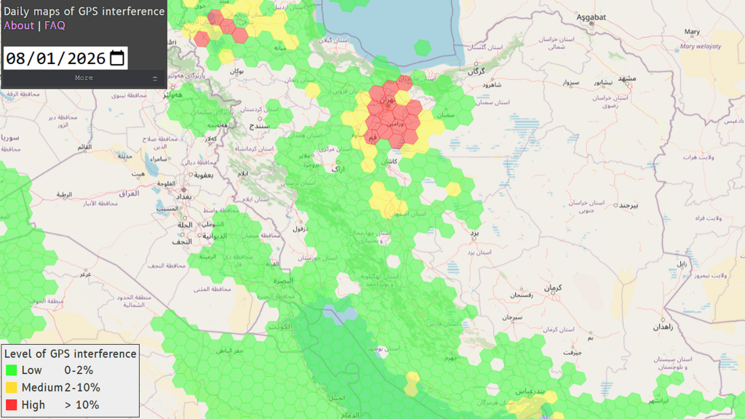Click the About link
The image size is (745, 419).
pyautogui.click(x=19, y=25)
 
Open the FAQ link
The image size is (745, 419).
pyautogui.click(x=55, y=25)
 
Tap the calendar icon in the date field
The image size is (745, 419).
pyautogui.click(x=117, y=58)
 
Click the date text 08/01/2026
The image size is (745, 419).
pyautogui.click(x=55, y=58)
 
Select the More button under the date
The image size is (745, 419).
pyautogui.click(x=84, y=78)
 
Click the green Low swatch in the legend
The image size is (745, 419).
pyautogui.click(x=12, y=370)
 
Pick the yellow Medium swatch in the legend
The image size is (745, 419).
pyautogui.click(x=12, y=388)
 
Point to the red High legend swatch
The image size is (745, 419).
pyautogui.click(x=12, y=405)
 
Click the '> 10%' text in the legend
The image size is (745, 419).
pyautogui.click(x=81, y=405)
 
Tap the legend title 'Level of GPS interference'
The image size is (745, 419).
pyautogui.click(x=71, y=354)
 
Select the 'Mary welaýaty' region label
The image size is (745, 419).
pyautogui.click(x=701, y=46)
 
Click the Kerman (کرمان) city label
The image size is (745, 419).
pyautogui.click(x=553, y=289)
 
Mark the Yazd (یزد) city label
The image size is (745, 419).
pyautogui.click(x=474, y=232)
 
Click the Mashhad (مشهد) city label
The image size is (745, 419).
pyautogui.click(x=626, y=78)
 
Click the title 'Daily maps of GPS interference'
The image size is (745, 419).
pyautogui.click(x=84, y=11)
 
